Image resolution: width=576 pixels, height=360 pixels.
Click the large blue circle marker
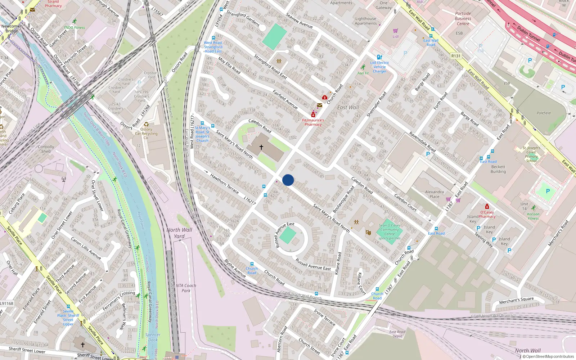(288, 180)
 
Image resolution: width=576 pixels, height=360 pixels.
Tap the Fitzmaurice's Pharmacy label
(313, 122)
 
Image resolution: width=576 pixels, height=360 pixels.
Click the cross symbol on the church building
(261, 147)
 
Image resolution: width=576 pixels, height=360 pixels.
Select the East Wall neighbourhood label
(348, 107)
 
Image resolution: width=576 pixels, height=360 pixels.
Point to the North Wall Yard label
(179, 233)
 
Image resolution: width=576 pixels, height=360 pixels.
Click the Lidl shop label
(396, 36)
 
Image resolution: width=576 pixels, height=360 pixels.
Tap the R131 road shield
(456, 56)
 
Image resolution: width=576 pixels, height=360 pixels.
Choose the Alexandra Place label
(435, 194)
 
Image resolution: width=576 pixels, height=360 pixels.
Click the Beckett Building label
(498, 169)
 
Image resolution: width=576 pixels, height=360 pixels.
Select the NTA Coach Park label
(186, 288)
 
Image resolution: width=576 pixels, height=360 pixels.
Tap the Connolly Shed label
(46, 149)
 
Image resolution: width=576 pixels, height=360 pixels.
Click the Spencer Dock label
(153, 337)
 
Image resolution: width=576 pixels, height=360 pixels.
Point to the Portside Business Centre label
(463, 19)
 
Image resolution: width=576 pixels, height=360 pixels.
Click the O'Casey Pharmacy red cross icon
(487, 207)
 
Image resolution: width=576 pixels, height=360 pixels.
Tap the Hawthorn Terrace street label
(224, 184)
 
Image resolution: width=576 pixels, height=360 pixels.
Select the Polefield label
(544, 113)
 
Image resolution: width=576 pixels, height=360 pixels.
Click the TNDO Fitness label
(75, 27)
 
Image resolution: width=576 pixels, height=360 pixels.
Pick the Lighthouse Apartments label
(366, 21)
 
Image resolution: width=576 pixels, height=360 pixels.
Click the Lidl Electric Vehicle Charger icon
(379, 57)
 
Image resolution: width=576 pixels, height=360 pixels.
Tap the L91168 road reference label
(7, 303)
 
